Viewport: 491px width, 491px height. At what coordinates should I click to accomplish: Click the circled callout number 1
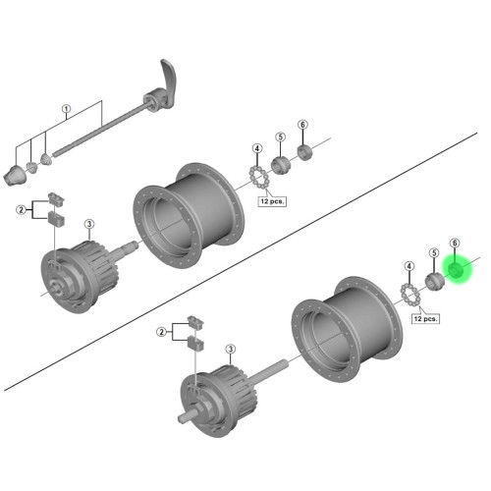(x=67, y=109)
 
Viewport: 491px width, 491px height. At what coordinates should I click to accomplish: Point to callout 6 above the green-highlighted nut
(x=455, y=243)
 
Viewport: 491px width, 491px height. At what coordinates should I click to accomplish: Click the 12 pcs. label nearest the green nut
(x=424, y=318)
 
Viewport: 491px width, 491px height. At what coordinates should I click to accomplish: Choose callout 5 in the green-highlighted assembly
(x=431, y=253)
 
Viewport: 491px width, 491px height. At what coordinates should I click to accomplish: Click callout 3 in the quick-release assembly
(x=88, y=225)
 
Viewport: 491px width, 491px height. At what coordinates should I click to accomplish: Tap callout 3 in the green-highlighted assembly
(x=230, y=349)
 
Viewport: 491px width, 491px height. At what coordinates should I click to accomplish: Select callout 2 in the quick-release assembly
(x=20, y=209)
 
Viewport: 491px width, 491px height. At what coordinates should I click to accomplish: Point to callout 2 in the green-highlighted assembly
(x=161, y=333)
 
